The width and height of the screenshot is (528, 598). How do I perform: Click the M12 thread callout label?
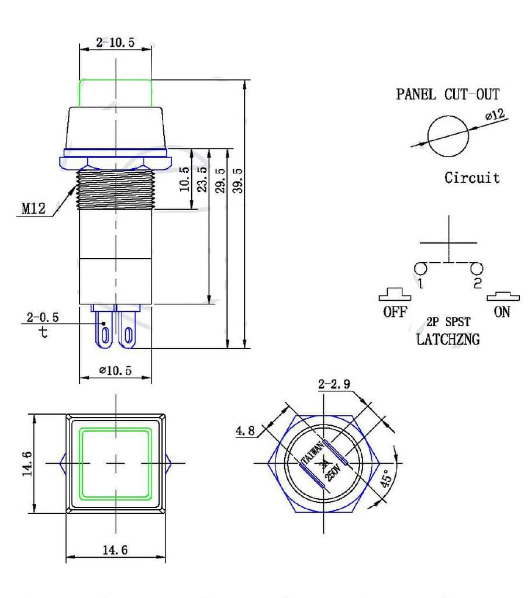[33, 208]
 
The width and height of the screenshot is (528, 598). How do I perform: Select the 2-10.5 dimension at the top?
[115, 43]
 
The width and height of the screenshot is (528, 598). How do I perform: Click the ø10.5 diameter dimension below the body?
[115, 371]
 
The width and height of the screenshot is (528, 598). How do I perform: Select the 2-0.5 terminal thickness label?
[43, 318]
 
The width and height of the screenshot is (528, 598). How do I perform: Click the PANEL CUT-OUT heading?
[447, 94]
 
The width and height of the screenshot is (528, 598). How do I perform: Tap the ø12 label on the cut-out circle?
[494, 115]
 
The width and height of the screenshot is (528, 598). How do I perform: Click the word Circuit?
[472, 178]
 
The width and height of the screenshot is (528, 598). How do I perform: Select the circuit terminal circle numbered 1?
[420, 269]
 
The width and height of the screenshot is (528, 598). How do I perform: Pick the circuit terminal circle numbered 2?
[477, 269]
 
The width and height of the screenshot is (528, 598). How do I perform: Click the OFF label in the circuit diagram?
[395, 312]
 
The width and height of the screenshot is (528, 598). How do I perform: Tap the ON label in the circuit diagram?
[502, 312]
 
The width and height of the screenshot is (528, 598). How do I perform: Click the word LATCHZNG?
[448, 339]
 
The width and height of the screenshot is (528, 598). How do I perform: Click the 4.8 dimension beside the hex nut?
[245, 431]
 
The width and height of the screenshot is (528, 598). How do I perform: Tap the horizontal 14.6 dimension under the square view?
[115, 550]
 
